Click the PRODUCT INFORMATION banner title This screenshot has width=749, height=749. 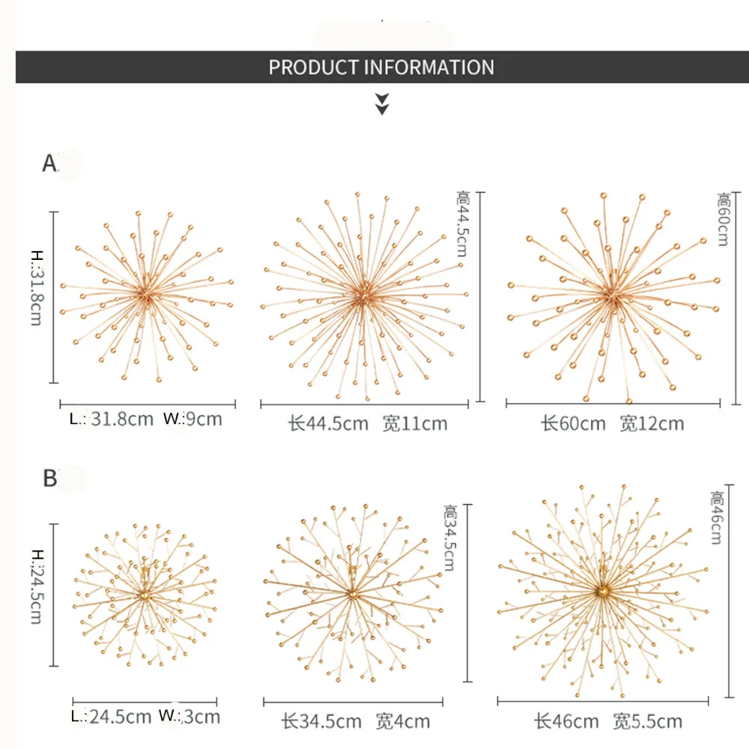[381, 67]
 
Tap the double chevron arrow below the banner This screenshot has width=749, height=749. [382, 104]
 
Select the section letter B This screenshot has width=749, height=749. [50, 477]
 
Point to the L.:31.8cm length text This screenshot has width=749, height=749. [112, 419]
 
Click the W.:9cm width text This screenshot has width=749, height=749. [192, 419]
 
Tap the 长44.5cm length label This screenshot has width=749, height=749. [329, 423]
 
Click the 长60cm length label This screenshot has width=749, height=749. [573, 423]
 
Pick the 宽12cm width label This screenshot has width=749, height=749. [652, 423]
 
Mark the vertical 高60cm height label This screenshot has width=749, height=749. [724, 219]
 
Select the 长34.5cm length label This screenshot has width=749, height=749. [324, 722]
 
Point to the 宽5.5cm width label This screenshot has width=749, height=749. [647, 721]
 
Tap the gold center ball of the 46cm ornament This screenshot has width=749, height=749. [601, 592]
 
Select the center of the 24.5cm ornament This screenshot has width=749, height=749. [143, 595]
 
